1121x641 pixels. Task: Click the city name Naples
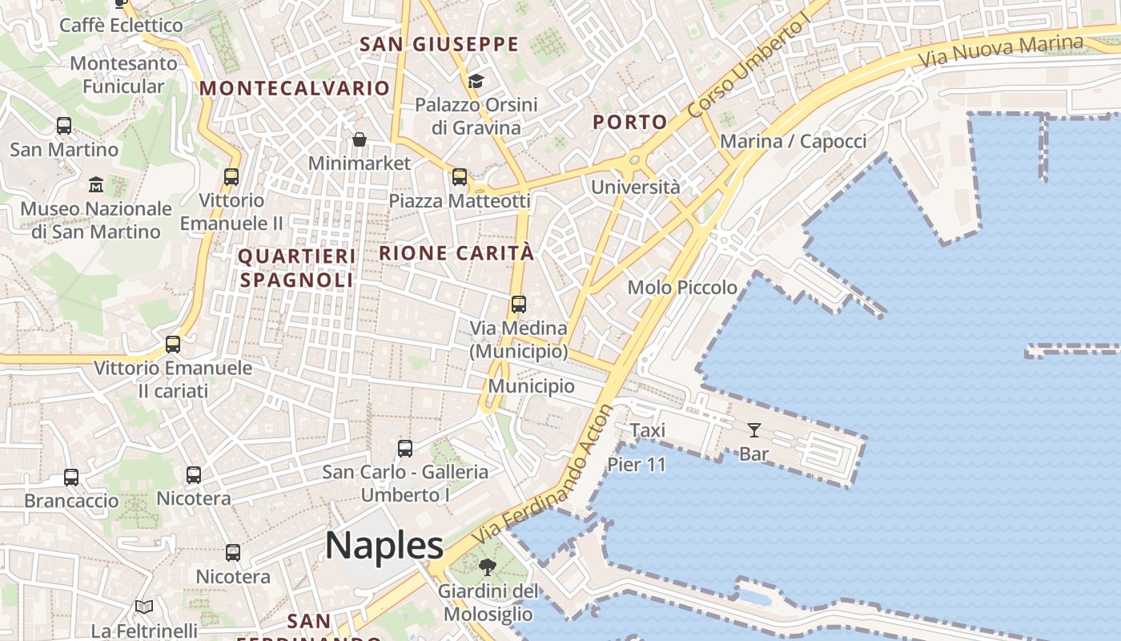(384, 546)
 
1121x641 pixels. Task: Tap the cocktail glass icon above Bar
(753, 430)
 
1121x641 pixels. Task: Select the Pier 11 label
(637, 464)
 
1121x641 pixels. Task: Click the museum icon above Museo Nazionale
(96, 184)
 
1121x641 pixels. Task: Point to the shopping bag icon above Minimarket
(360, 140)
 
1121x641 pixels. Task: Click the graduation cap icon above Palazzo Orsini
(476, 81)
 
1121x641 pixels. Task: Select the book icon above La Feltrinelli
(144, 607)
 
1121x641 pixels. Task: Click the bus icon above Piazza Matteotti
(460, 177)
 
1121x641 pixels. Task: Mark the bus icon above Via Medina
(519, 304)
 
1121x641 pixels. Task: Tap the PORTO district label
(629, 122)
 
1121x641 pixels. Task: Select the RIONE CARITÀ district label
(456, 253)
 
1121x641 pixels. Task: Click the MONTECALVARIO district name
(295, 88)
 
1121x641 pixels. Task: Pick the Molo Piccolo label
(682, 287)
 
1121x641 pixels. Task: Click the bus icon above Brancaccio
(71, 478)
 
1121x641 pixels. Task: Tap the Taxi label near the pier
(647, 430)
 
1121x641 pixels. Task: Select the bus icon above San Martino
(64, 126)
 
